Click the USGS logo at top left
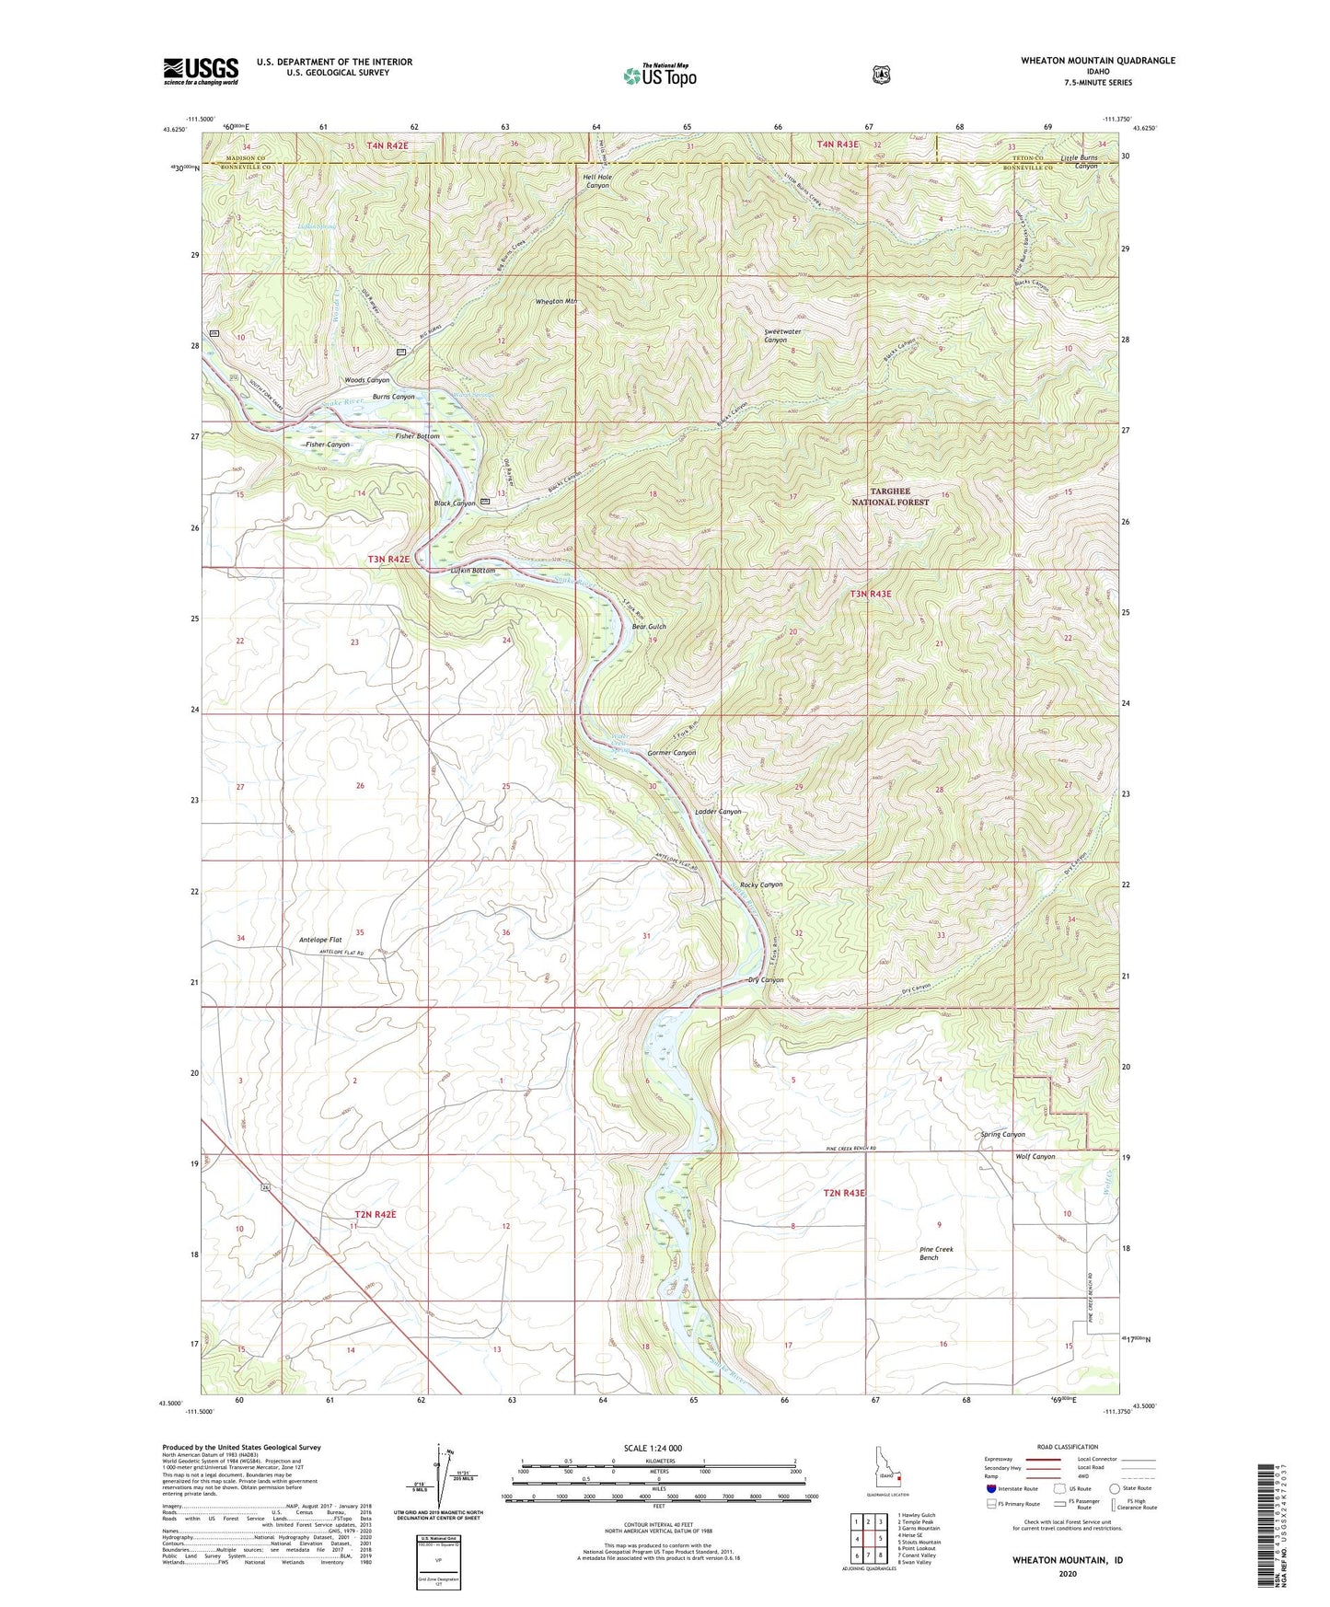tap(201, 71)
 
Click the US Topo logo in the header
tap(659, 75)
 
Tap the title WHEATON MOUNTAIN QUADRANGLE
tap(1097, 61)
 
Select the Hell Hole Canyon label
tap(597, 180)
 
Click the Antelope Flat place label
tap(320, 940)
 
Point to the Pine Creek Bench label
tap(936, 1253)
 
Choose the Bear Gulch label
tap(648, 627)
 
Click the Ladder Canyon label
tap(717, 812)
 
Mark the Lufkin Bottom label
tap(473, 571)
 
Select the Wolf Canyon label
tap(1035, 1156)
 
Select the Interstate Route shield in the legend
tap(990, 1488)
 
